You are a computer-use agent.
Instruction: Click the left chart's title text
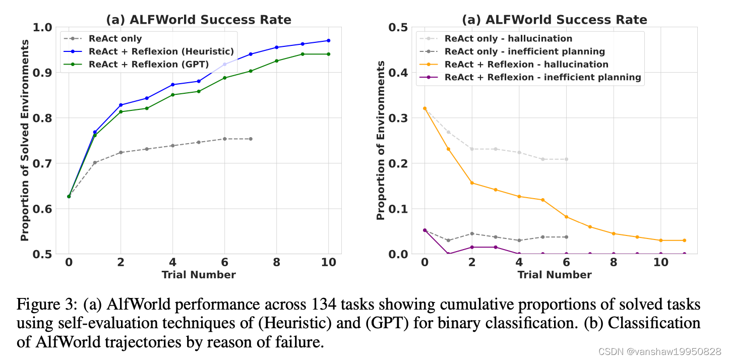point(198,20)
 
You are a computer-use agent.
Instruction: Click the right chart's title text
point(555,20)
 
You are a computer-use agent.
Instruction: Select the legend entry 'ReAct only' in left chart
point(115,39)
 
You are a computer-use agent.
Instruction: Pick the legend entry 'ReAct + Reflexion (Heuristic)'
point(161,51)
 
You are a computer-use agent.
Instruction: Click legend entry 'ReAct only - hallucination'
point(508,39)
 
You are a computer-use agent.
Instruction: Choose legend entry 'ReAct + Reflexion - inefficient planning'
point(542,77)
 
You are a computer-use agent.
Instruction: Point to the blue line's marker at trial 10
point(329,40)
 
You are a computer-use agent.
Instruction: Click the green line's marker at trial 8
point(276,61)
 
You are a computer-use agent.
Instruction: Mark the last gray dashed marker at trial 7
point(251,139)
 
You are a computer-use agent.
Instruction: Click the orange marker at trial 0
point(424,108)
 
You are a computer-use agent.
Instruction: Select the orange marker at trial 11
point(684,241)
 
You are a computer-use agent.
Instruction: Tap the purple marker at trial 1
point(448,254)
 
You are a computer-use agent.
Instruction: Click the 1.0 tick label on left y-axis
point(42,27)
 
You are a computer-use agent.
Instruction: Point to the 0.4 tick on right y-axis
point(398,73)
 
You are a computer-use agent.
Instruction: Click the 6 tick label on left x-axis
point(224,263)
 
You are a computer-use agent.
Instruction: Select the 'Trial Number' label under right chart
point(554,275)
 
